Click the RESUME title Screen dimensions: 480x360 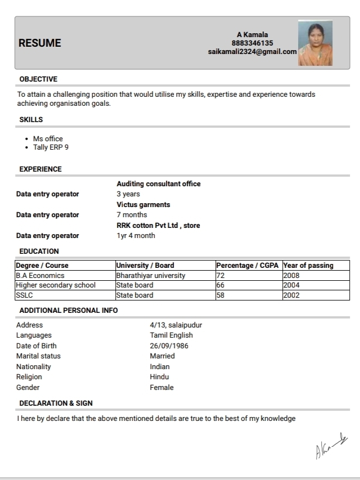click(39, 43)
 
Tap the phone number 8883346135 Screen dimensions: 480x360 click(252, 43)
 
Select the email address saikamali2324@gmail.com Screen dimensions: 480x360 click(252, 51)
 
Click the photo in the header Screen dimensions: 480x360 click(315, 43)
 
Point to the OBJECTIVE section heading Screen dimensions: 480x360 click(38, 79)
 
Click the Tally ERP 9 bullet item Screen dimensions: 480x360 click(51, 147)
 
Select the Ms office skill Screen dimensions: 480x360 click(48, 138)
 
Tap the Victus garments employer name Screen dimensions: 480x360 click(143, 204)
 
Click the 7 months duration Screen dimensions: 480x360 click(132, 214)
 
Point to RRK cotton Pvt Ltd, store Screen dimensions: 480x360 click(158, 225)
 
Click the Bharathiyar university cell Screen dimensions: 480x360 click(151, 276)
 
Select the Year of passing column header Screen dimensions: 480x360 click(308, 266)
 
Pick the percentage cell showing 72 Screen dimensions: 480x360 click(220, 276)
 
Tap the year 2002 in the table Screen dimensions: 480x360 click(291, 295)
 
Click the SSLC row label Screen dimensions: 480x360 click(25, 295)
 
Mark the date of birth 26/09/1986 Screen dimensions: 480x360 click(169, 346)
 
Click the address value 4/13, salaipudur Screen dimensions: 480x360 click(175, 325)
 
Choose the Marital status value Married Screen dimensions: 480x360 click(162, 356)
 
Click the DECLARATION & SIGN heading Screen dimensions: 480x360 click(56, 403)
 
